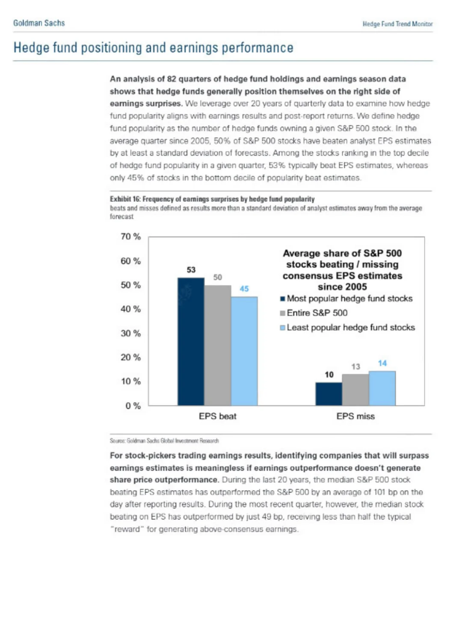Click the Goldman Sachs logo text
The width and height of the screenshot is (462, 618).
(39, 23)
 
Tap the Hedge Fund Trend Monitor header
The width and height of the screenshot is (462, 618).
(397, 24)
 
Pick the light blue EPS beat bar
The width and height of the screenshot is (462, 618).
(244, 351)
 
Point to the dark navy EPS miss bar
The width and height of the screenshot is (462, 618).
(329, 394)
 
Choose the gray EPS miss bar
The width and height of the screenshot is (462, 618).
(355, 390)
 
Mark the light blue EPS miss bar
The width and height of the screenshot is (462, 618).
(382, 388)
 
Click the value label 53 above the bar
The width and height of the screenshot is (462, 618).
(191, 270)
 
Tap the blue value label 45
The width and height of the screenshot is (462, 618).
(244, 289)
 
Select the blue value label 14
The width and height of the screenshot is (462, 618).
(382, 363)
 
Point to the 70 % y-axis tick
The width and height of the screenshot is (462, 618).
(130, 236)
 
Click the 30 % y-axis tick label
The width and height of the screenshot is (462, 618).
(130, 333)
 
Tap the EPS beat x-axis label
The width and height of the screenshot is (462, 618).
(217, 416)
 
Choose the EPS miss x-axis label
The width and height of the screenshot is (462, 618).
(355, 416)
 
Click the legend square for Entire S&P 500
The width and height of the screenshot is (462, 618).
(282, 313)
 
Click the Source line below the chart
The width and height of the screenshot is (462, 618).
(164, 441)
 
